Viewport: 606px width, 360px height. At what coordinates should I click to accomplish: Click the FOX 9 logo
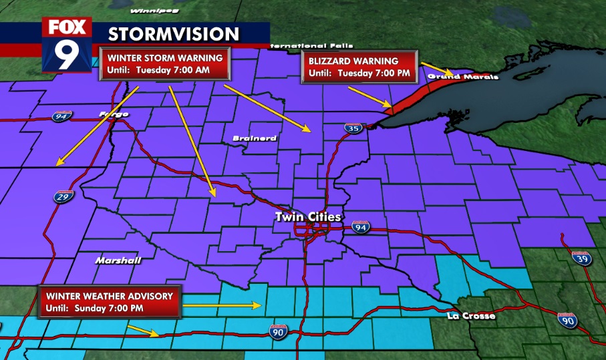(67, 45)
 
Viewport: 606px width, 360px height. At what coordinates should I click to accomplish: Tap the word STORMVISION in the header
(173, 34)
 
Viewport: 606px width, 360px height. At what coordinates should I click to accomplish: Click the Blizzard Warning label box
(359, 66)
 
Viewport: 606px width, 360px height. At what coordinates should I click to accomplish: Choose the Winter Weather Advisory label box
(110, 302)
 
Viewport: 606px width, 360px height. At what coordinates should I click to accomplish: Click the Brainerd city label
(255, 138)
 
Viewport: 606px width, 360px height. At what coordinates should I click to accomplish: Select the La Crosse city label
(472, 315)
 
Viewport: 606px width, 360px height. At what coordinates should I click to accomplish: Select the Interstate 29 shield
(59, 197)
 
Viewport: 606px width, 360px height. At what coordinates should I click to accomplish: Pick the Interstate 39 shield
(582, 258)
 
